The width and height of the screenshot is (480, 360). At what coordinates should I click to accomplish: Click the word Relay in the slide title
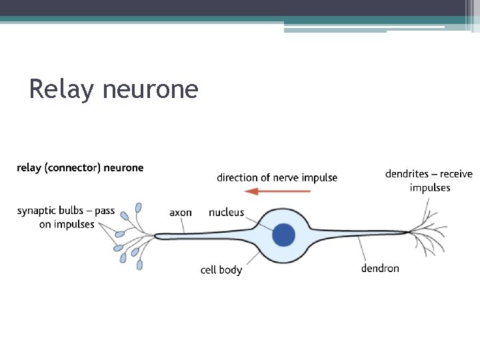(x=61, y=89)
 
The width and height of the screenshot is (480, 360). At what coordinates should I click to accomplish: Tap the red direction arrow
(x=277, y=192)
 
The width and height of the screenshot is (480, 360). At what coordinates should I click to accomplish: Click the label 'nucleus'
(x=227, y=213)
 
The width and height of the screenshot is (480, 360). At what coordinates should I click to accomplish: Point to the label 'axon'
(x=181, y=213)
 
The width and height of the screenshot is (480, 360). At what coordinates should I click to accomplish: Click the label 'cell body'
(x=221, y=270)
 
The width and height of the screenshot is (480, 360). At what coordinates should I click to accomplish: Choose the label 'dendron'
(x=380, y=269)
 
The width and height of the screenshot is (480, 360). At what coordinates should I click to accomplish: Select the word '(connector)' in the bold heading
(x=73, y=168)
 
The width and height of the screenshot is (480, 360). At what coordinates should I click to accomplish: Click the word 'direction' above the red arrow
(x=237, y=178)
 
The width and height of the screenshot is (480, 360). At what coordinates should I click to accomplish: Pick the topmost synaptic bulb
(x=139, y=207)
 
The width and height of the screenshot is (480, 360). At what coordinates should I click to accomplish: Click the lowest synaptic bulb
(x=139, y=265)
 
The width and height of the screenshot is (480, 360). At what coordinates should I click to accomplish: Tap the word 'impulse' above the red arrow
(x=319, y=178)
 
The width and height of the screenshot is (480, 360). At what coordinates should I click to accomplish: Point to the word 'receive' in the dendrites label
(x=457, y=174)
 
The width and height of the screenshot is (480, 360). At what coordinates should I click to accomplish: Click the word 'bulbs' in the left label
(x=73, y=211)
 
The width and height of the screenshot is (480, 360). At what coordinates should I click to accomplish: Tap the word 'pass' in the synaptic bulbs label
(x=105, y=211)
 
